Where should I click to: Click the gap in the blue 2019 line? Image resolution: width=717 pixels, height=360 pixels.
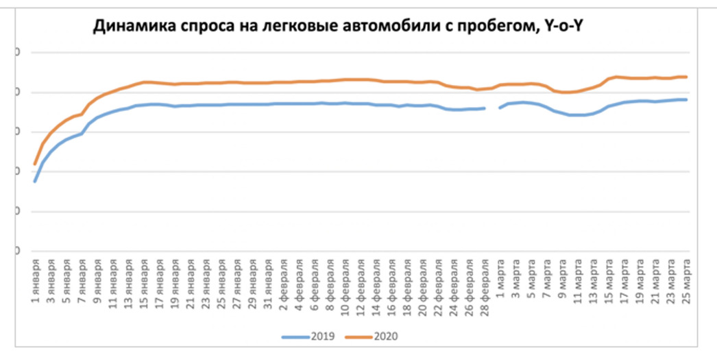(x=491, y=108)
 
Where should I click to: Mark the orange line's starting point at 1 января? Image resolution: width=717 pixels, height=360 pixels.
(x=35, y=165)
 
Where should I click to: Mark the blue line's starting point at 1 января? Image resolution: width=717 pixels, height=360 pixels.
(x=35, y=181)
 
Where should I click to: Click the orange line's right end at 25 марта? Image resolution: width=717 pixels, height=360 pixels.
(x=686, y=77)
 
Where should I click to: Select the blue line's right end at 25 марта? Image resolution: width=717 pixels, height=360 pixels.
(x=686, y=99)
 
